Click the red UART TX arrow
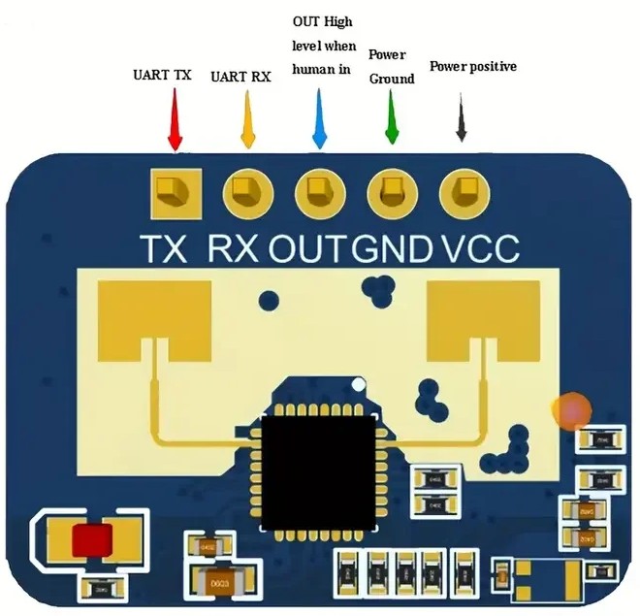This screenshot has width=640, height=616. point(176,120)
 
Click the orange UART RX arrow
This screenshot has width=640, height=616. point(248,120)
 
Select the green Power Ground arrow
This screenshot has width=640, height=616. point(392,118)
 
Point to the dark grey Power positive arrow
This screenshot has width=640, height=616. point(462,120)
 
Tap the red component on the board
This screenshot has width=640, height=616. point(91,539)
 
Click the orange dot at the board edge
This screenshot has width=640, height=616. point(571,410)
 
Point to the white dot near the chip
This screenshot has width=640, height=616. point(361,386)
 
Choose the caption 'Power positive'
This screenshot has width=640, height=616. point(472,67)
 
